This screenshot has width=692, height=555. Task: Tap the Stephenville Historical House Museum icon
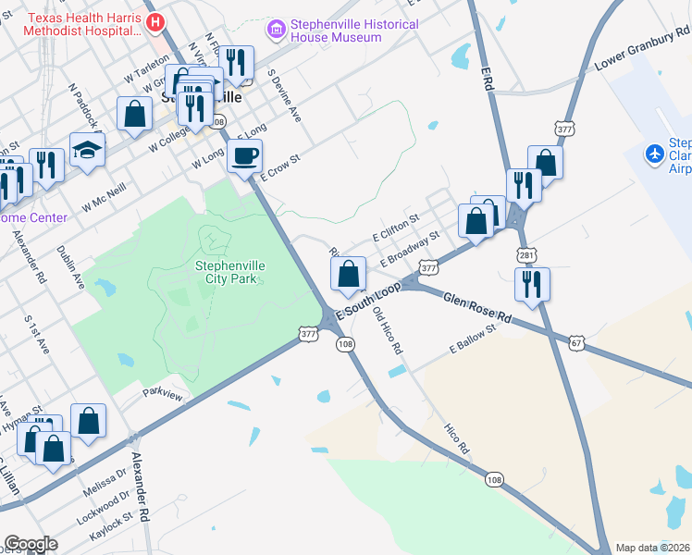(x=275, y=31)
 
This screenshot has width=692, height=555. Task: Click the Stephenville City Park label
(x=229, y=272)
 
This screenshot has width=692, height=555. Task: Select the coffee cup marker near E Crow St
(x=245, y=156)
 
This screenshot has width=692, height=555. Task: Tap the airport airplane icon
(x=655, y=152)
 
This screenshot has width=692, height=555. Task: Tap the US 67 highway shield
(x=576, y=343)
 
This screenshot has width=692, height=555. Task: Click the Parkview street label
(x=163, y=392)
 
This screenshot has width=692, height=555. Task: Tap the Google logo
(x=30, y=545)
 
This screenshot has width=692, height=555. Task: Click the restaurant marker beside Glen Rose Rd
(x=532, y=285)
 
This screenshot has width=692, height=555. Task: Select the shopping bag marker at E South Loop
(x=348, y=274)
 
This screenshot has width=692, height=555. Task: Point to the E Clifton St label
(x=396, y=228)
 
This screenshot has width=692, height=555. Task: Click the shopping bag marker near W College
(x=135, y=115)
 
